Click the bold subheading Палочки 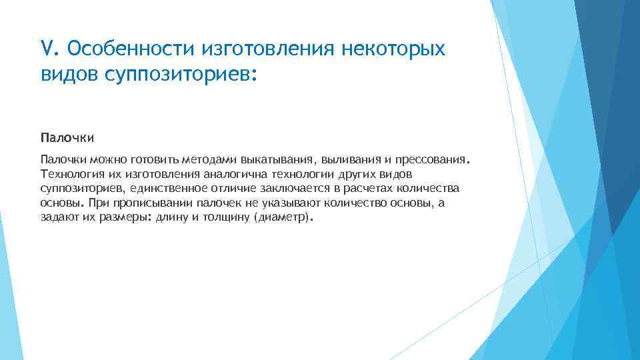tap(67, 138)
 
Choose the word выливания tap(351, 160)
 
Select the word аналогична tap(225, 175)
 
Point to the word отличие tap(225, 189)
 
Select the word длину tap(171, 218)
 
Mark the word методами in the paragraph tap(210, 160)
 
